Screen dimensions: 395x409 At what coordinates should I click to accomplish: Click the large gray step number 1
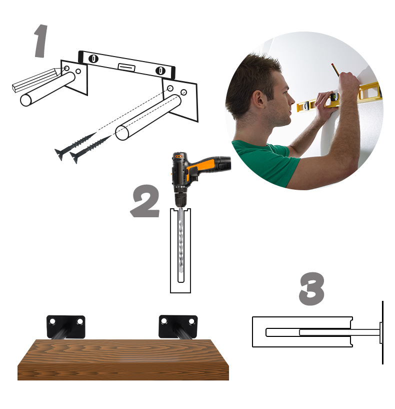point(41,41)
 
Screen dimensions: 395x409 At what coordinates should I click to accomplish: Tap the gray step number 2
point(145,201)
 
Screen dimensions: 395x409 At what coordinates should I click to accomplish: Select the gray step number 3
point(311,288)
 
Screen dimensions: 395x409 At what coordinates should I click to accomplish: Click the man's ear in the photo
point(258,101)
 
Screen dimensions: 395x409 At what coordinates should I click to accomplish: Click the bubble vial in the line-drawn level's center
point(126,67)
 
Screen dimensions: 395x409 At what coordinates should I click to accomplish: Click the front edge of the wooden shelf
point(123,371)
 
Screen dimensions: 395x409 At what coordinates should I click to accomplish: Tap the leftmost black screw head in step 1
point(59,154)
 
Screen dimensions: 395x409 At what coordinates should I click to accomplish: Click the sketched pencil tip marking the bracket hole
point(59,72)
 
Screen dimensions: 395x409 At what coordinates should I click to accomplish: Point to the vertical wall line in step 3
point(382,332)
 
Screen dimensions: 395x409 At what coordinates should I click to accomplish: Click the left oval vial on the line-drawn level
point(93,59)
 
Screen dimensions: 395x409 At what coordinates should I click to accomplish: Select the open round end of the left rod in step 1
point(26,101)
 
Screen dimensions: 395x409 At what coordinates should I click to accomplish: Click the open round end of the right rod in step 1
point(122,133)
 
